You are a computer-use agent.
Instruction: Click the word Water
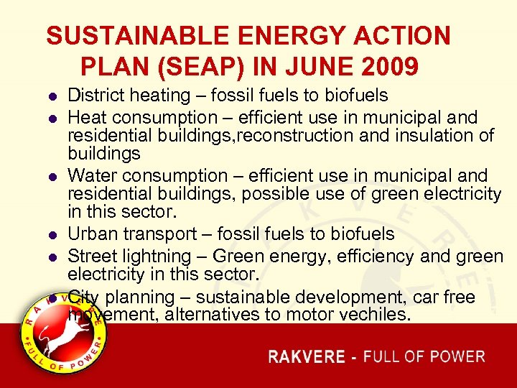(87, 175)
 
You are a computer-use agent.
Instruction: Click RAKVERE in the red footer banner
(307, 357)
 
